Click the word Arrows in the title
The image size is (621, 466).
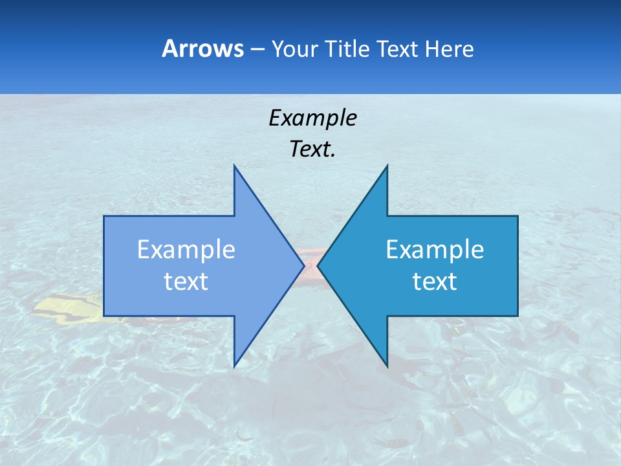(x=202, y=49)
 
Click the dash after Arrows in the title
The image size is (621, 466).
(x=257, y=49)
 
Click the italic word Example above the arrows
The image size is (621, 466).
(x=312, y=118)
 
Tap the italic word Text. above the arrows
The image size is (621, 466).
(x=312, y=149)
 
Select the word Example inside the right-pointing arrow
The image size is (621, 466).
(x=186, y=250)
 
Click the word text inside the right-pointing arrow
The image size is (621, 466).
(x=186, y=282)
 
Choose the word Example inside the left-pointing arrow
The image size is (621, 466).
(x=435, y=250)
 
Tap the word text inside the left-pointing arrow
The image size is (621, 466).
(x=435, y=282)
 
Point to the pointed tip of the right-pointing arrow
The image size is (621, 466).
(x=304, y=265)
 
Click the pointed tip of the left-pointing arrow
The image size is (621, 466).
(x=318, y=265)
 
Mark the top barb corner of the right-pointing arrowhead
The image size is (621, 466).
(x=234, y=166)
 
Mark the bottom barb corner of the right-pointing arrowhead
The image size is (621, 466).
(x=234, y=366)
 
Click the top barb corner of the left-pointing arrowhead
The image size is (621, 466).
(x=387, y=166)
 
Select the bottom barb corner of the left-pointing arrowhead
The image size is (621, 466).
(x=387, y=366)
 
